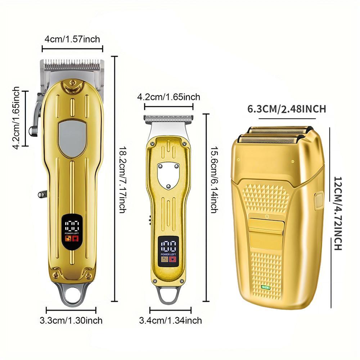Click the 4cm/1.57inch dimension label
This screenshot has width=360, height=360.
(x=72, y=39)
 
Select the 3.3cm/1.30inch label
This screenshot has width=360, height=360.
(x=71, y=320)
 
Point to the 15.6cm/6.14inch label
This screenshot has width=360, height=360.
(x=214, y=180)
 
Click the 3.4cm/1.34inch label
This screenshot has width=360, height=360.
(x=170, y=320)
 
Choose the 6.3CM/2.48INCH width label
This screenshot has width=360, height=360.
(x=287, y=109)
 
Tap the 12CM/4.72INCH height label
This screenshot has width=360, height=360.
(x=338, y=213)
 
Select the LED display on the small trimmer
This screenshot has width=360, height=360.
(x=168, y=251)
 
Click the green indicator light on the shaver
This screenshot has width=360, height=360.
(x=266, y=287)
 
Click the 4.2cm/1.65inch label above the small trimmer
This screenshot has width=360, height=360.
(x=169, y=97)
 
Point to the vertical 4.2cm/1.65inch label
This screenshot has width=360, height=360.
(x=16, y=118)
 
